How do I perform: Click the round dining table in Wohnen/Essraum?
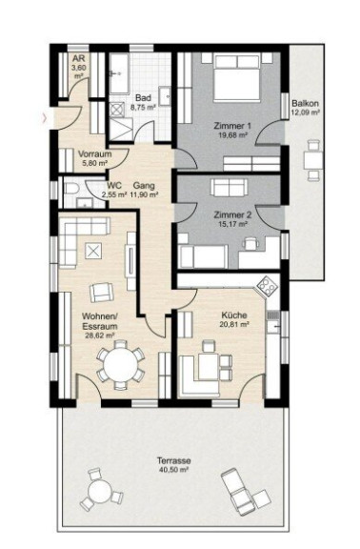121,365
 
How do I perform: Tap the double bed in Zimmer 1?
237,78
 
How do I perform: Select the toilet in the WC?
72,189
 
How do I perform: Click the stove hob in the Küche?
268,286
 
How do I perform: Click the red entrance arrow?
45,118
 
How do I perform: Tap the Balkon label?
306,104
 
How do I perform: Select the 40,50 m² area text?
173,470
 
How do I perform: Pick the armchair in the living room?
102,293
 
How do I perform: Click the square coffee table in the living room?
93,251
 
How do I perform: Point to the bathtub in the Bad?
120,74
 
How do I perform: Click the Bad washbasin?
165,95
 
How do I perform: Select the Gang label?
144,186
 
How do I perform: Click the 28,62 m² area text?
100,335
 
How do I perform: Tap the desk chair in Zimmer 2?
250,244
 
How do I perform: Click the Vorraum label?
95,153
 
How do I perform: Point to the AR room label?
79,58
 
